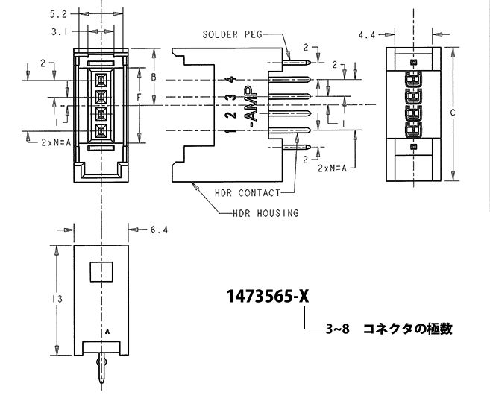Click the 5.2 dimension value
tap(58, 14)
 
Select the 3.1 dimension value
tap(60, 32)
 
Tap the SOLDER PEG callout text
tap(233, 34)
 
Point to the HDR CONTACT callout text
tap(248, 193)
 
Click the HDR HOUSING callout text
tap(266, 214)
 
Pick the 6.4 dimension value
tap(160, 230)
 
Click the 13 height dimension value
tap(57, 299)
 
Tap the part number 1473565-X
tap(268, 296)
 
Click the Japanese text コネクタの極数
tap(408, 329)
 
